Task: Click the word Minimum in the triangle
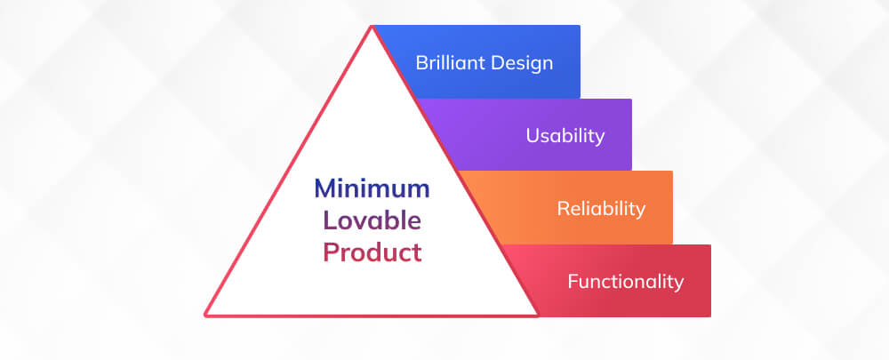[372, 188]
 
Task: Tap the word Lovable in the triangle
[372, 220]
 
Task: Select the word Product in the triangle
[372, 252]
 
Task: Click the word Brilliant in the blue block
[447, 62]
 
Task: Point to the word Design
[519, 63]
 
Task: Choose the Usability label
[565, 135]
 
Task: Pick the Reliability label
[601, 209]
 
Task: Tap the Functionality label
[626, 281]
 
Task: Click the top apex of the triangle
[372, 26]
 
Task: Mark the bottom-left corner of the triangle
[205, 315]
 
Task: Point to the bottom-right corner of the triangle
[538, 315]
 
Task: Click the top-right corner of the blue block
[580, 26]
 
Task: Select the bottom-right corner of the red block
[710, 316]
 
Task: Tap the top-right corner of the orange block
[672, 172]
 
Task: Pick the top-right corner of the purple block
[631, 100]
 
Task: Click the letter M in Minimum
[324, 188]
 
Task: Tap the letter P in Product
[330, 252]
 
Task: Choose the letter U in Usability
[533, 135]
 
